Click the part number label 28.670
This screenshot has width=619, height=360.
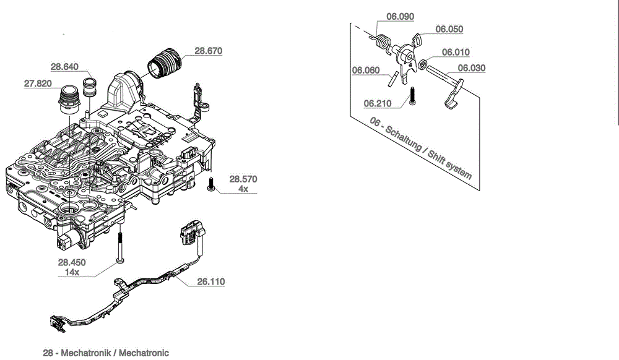(208, 51)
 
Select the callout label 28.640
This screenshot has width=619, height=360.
(64, 67)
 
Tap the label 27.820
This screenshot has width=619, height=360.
(38, 84)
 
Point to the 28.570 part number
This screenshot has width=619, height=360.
(243, 179)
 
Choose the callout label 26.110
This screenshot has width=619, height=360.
(210, 282)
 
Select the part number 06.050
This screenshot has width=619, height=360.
(449, 29)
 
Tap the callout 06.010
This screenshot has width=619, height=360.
(456, 53)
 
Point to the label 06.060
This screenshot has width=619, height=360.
(366, 71)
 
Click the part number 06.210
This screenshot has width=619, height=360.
(377, 103)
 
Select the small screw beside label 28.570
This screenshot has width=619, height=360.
(212, 185)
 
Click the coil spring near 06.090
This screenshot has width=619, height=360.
(383, 41)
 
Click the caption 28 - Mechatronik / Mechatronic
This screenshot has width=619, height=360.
(106, 353)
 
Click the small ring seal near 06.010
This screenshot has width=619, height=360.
(422, 64)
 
